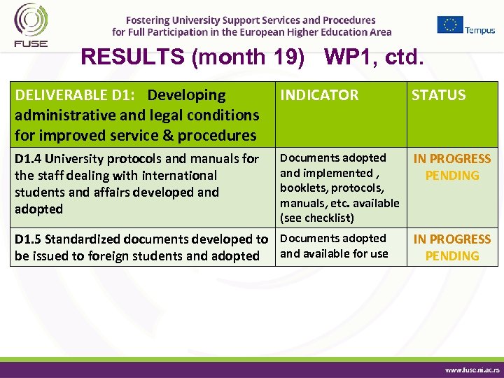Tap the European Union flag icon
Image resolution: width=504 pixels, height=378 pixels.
click(x=450, y=24)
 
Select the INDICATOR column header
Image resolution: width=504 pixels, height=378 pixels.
click(x=319, y=95)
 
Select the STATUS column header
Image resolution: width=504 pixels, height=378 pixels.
click(x=438, y=95)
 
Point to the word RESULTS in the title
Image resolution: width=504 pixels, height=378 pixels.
click(x=133, y=57)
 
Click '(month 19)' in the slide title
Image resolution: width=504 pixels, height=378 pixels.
click(x=248, y=57)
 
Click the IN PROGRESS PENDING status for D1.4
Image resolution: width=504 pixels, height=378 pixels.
click(x=452, y=167)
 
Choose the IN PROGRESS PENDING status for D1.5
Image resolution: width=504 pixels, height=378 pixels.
click(x=452, y=247)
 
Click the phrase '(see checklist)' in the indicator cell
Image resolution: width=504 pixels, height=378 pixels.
click(x=317, y=218)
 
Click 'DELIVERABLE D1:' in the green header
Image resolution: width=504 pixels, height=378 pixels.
click(x=77, y=95)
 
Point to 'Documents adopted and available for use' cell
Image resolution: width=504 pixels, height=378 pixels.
click(x=334, y=246)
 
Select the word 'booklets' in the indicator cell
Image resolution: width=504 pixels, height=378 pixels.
click(x=303, y=188)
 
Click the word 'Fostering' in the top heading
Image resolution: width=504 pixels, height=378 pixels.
click(x=150, y=20)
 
